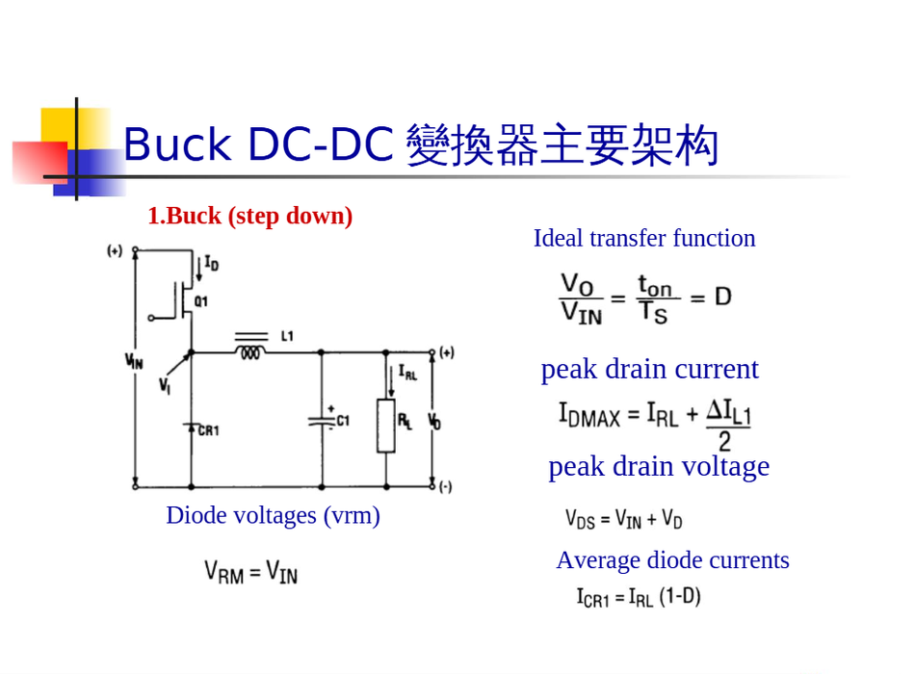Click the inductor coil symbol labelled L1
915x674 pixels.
(250, 353)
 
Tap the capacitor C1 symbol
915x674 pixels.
(321, 421)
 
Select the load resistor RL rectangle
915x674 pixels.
(385, 427)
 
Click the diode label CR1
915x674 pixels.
(208, 430)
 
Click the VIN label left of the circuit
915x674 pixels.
(134, 361)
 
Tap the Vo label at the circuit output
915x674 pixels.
(434, 421)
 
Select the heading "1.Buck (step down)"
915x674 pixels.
(249, 216)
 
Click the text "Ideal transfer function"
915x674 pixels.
(644, 238)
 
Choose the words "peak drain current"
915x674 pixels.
(649, 369)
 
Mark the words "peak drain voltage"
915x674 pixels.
(659, 466)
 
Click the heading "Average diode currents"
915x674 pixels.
(672, 559)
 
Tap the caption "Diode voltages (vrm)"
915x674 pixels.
(273, 515)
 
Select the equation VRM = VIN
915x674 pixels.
(250, 572)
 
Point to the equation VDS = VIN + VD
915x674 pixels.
(623, 520)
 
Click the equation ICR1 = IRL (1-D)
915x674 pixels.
(639, 597)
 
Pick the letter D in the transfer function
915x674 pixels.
(722, 296)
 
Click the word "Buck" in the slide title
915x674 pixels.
(177, 145)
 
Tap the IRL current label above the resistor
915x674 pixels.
(407, 373)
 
